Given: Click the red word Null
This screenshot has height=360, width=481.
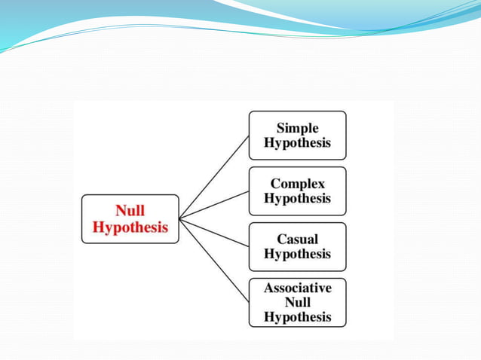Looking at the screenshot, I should coord(130,211).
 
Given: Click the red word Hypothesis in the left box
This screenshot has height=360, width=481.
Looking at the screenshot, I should coord(130,227).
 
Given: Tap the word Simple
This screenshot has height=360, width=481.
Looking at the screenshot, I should coord(297,128).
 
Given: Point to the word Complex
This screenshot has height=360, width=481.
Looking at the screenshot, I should coord(297,183).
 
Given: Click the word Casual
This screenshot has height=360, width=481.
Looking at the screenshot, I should coord(297,239).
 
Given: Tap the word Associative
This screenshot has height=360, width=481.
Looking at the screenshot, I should coord(297,287).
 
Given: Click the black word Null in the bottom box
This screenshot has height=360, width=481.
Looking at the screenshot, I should coord(297,302).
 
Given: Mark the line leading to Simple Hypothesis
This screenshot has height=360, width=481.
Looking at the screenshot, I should coord(215,176).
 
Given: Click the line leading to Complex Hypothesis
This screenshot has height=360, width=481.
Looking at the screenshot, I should coord(215,205).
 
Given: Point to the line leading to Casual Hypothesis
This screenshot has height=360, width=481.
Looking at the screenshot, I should coord(215,232).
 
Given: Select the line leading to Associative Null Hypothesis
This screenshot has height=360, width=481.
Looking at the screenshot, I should coord(215,261).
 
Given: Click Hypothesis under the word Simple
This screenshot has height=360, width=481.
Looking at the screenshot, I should coord(297,143).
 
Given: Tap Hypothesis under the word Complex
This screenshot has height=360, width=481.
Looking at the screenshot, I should coord(297,198).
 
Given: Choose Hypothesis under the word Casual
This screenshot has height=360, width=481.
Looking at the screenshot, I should coord(297,254).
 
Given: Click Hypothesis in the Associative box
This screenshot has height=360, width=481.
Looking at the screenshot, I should coord(297,316).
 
